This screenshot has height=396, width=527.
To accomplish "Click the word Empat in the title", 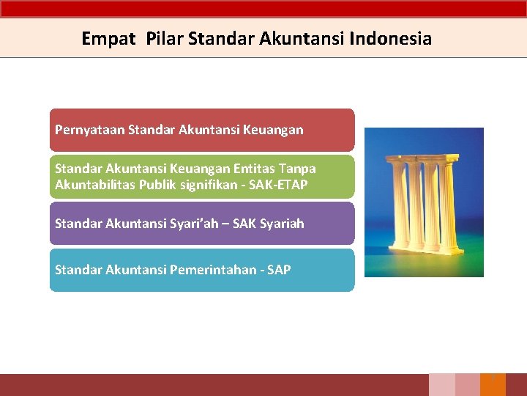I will (x=108, y=39).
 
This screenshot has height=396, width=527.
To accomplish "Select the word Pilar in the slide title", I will (x=165, y=39).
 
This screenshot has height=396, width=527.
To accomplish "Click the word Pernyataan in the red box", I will (x=89, y=130).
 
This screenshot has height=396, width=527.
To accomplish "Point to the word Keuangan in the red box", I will (x=276, y=130).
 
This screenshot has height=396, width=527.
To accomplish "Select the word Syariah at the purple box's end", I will (x=279, y=224).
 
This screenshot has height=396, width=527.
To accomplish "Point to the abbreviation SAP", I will (x=278, y=270).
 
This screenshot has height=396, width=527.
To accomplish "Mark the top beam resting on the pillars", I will (x=424, y=160).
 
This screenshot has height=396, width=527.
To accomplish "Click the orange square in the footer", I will (x=493, y=385).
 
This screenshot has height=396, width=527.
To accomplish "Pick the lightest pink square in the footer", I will (x=441, y=385).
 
